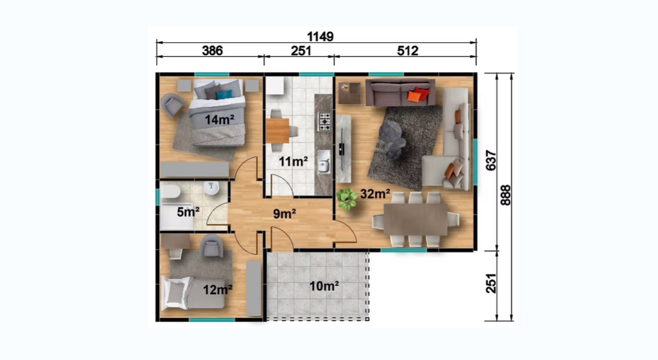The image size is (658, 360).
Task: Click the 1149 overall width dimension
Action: click(320, 37)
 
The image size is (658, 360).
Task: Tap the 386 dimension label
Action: click(212, 51)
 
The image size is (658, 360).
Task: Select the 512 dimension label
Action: click(407, 51)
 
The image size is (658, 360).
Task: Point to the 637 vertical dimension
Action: click(490, 160)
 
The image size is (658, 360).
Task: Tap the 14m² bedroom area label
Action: click(219, 120)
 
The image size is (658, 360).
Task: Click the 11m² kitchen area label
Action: click(294, 161)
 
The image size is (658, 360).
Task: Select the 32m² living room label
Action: click(375, 194)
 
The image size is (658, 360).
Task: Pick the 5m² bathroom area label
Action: click(188, 212)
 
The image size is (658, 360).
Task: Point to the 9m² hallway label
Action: click(284, 214)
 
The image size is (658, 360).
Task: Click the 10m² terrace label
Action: click(324, 286)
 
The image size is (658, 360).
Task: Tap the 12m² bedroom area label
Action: click(218, 290)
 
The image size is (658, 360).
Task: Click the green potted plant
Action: click(347, 199)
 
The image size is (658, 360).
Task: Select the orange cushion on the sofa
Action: click(414, 97)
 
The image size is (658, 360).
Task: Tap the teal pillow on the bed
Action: click(224, 95)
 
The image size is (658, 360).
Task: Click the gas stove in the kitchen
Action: click(325, 121)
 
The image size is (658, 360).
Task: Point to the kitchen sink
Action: click(323, 161)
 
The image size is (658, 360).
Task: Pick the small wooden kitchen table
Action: click(278, 131)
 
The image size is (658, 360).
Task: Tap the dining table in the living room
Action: click(415, 219)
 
